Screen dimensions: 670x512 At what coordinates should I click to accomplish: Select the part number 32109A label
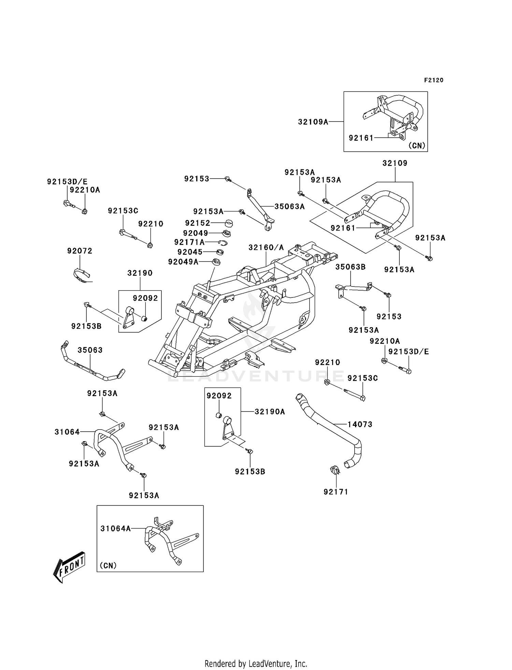[x=313, y=122]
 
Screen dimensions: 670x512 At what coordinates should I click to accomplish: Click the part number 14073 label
[x=360, y=424]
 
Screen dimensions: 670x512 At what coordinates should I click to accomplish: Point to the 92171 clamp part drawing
[x=335, y=471]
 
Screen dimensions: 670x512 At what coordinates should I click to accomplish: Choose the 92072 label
[x=80, y=251]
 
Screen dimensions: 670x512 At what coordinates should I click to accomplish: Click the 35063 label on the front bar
[x=90, y=350]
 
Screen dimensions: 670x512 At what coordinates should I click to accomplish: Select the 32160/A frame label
[x=266, y=248]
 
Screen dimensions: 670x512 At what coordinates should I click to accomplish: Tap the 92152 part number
[x=198, y=223]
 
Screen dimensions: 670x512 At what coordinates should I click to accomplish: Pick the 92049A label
[x=183, y=262]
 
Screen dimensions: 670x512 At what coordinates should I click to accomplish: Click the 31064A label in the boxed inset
[x=116, y=529]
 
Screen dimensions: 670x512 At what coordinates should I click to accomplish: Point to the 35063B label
[x=351, y=267]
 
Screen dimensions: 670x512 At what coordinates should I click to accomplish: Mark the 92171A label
[x=189, y=242]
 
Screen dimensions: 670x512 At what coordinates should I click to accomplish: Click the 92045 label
[x=190, y=252]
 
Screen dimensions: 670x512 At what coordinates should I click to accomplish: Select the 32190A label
[x=270, y=412]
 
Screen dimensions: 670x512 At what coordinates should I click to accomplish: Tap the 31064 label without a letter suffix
[x=67, y=432]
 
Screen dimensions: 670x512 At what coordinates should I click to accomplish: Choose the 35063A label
[x=289, y=207]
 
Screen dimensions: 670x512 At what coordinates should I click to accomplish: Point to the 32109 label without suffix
[x=395, y=163]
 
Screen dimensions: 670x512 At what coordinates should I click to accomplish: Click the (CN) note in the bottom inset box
[x=108, y=566]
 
